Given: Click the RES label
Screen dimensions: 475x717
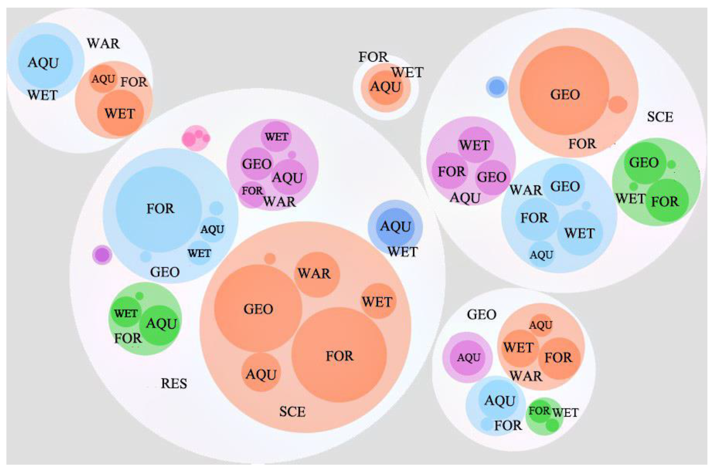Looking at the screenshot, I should coord(174,384).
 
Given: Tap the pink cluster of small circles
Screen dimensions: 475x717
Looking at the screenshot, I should coord(196,138).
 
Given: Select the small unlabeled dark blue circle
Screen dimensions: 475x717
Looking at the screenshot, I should coord(497,87).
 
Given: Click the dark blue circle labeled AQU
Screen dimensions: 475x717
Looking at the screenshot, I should coord(395,227).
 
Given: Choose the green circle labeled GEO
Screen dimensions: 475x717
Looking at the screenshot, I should coord(644,163).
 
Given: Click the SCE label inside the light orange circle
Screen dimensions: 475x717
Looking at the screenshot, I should coord(292,412).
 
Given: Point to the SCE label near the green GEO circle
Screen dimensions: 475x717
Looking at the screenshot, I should coord(660,117).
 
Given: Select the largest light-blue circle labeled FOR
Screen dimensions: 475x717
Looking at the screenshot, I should coord(159,209).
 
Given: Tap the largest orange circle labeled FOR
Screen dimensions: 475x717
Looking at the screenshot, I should coord(339,355).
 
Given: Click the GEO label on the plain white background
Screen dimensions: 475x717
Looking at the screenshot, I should coord(482,315).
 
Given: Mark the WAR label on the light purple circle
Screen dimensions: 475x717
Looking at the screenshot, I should coord(279,202).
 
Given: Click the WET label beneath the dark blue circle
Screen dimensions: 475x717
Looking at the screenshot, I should coord(403,252).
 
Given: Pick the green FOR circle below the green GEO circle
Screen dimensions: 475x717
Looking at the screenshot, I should coord(666,200).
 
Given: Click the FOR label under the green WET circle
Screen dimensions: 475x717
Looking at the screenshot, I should coord(128,338).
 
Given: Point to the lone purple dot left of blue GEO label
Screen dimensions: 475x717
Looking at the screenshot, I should coord(102,255).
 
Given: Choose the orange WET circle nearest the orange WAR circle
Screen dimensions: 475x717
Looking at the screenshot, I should coord(378,301).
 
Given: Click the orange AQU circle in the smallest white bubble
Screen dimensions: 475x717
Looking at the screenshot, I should coord(386,87).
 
